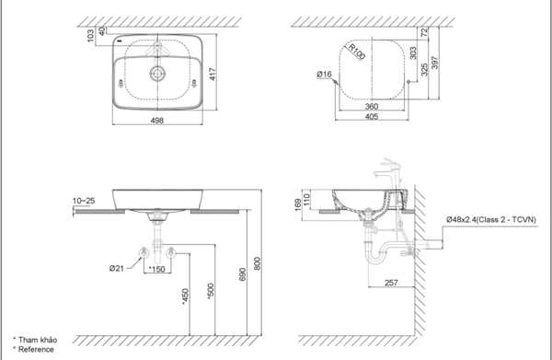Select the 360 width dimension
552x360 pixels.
[x=372, y=106]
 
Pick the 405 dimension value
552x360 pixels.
[x=372, y=118]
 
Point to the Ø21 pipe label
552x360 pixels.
[x=116, y=268]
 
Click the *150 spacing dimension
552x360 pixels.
[x=156, y=269]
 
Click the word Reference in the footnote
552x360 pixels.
[x=36, y=348]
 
